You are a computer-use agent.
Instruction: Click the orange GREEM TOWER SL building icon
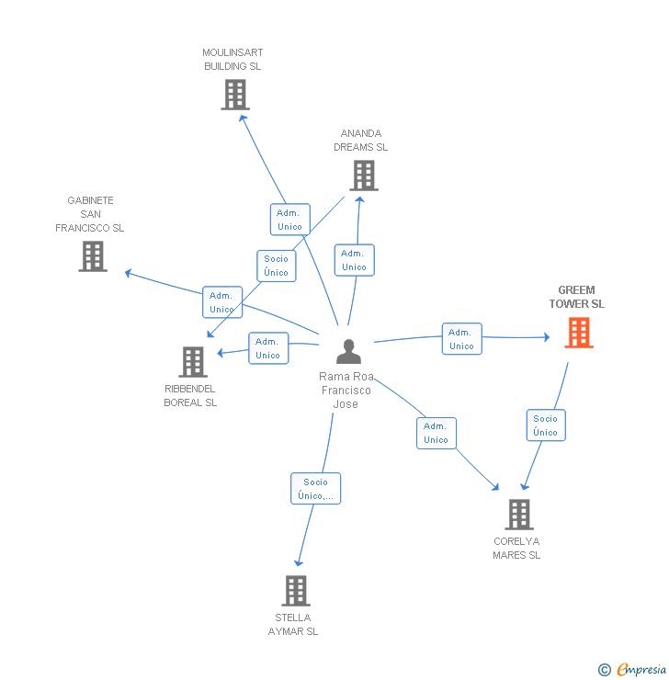tap(578, 333)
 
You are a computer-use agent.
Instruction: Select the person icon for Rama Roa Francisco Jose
tap(348, 352)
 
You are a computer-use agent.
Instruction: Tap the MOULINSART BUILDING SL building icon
tap(235, 95)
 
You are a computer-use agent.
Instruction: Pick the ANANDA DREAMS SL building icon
tap(363, 176)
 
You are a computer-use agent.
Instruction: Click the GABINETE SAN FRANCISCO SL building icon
tap(93, 256)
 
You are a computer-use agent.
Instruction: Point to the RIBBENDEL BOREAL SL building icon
tap(193, 362)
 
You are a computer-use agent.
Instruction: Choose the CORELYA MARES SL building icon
tap(519, 515)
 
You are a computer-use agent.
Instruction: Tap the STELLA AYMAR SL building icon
tap(295, 591)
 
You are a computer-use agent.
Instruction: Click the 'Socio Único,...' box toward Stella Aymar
tap(315, 489)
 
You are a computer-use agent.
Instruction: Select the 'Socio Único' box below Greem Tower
tap(545, 425)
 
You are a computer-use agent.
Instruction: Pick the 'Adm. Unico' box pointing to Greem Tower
tap(461, 339)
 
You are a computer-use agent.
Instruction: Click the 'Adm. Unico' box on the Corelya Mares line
tap(436, 433)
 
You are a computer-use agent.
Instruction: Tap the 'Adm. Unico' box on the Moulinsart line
tap(289, 220)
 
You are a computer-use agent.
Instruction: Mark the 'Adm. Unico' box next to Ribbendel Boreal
tap(267, 348)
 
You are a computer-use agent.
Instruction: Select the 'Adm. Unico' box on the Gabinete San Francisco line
tap(221, 302)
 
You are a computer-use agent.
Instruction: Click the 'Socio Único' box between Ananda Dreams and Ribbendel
tap(276, 266)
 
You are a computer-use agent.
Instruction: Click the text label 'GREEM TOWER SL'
tap(576, 297)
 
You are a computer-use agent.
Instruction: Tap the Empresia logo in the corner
tap(633, 670)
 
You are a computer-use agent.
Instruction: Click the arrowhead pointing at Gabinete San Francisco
tap(128, 272)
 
